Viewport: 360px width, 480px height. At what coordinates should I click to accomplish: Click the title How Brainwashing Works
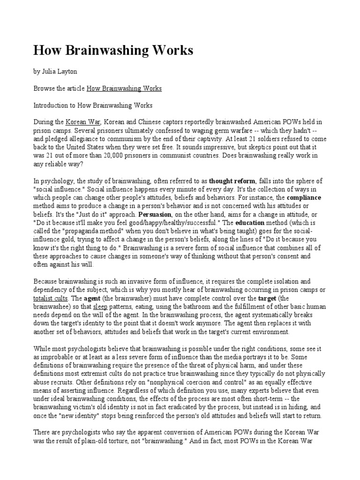point(113,51)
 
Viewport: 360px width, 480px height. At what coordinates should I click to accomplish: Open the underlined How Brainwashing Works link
point(124,89)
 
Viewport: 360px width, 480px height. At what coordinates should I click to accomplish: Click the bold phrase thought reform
point(232,181)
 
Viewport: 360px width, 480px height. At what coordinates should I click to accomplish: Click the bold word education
point(251,223)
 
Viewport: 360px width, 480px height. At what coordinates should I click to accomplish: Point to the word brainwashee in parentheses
point(52,307)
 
